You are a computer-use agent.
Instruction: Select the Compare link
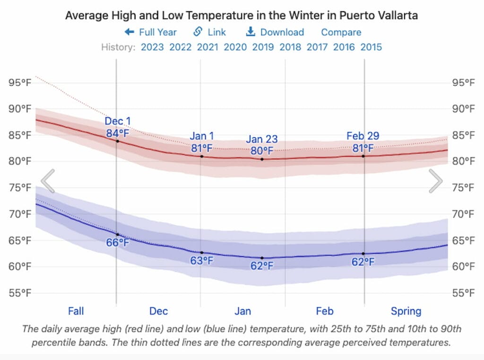tap(341, 32)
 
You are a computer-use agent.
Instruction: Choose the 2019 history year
tap(263, 47)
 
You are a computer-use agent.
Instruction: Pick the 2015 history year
tap(371, 47)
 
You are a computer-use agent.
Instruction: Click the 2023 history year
tap(152, 47)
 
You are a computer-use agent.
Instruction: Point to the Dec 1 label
tap(118, 121)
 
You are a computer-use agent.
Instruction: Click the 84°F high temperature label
tap(118, 133)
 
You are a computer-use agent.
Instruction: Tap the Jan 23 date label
tap(262, 139)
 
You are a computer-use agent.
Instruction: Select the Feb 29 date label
tap(363, 136)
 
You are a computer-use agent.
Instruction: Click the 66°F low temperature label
tap(118, 243)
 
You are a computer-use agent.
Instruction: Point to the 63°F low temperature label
tap(202, 260)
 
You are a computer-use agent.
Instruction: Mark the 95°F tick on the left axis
tap(20, 83)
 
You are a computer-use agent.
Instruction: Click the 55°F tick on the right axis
tap(463, 293)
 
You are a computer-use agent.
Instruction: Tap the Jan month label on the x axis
tap(243, 311)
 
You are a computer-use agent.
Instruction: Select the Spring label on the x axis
tap(406, 311)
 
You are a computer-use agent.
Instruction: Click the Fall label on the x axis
tap(76, 311)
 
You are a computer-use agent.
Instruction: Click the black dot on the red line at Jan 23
tap(262, 159)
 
